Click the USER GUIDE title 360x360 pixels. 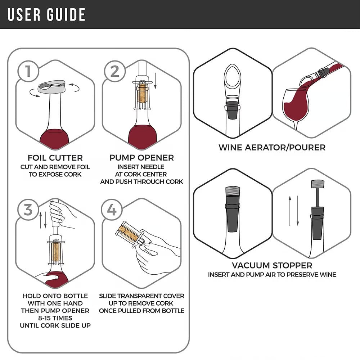point(46,14)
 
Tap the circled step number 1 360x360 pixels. point(27,72)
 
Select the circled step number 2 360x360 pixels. point(114,72)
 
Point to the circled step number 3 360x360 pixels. point(27,210)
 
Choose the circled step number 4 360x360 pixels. point(112,210)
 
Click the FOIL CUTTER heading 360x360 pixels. point(55,158)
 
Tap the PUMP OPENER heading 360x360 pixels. point(141,158)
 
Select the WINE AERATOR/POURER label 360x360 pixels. point(272,147)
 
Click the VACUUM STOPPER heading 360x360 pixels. point(272,266)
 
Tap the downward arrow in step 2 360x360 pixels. point(156,81)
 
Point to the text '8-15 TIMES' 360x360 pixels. point(55,318)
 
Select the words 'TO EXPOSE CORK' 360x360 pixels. point(55,174)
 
